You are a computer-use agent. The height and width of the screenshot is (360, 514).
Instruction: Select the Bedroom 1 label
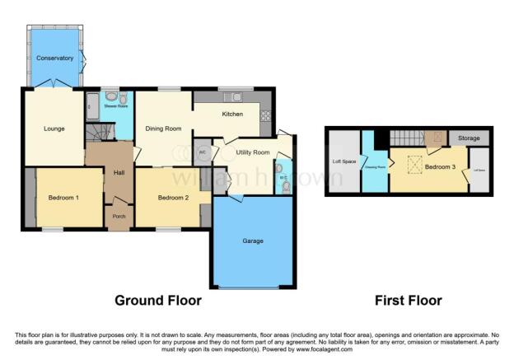tap(63, 198)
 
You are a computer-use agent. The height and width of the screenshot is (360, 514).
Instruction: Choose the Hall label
tap(119, 171)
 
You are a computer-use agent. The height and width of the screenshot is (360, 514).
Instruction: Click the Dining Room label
tap(163, 129)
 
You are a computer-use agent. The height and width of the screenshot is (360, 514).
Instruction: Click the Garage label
tap(252, 241)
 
